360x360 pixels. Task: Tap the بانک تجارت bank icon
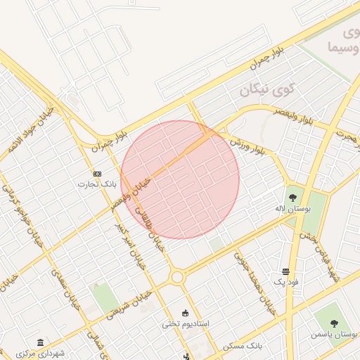pos(97,174)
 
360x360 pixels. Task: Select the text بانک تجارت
pos(97,184)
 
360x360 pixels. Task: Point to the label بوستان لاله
pos(292,209)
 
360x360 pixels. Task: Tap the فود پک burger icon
pos(285,271)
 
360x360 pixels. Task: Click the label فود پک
pos(285,282)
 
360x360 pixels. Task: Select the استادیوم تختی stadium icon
pos(186,313)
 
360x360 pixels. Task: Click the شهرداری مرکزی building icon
pos(40,342)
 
